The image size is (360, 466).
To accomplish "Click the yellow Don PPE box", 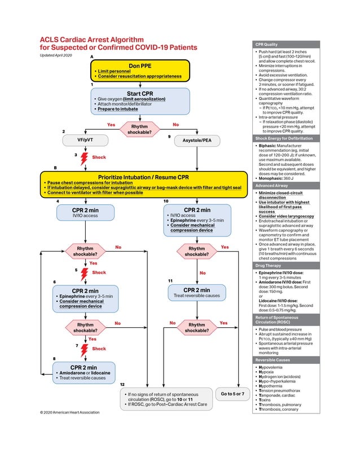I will click(139, 70).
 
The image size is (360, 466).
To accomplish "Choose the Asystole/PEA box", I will click(196, 139).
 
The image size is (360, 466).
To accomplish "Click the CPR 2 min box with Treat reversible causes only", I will click(196, 292).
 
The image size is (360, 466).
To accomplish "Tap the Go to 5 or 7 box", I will click(232, 393).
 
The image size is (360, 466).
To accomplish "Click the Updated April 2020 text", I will click(56, 55).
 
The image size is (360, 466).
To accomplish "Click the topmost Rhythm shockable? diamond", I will click(139, 130).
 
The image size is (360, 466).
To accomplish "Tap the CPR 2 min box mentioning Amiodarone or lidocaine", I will click(84, 372).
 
